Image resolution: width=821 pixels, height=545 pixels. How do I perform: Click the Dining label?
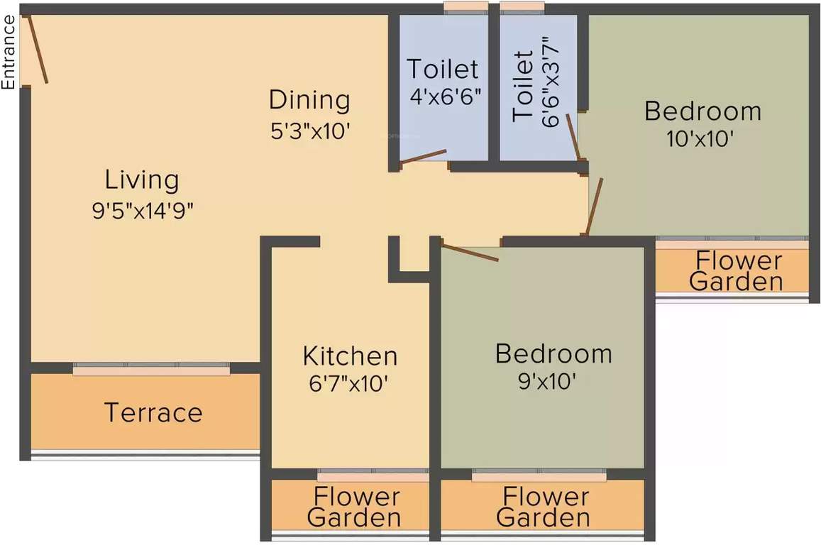309,100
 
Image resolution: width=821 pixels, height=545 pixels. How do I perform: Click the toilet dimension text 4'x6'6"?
446,97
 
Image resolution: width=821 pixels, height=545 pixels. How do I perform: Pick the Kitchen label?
350,355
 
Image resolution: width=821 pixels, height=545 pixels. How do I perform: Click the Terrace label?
153,412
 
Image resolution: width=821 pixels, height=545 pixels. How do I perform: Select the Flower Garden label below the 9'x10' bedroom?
543,507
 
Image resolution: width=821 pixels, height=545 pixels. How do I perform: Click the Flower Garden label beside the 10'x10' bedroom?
737,271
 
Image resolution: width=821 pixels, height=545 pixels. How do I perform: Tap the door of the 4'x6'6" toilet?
423,157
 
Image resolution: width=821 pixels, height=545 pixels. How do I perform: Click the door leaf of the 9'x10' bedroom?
470,252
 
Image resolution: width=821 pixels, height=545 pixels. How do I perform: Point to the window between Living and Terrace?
151,369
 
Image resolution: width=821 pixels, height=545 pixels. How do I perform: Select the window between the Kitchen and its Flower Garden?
373,474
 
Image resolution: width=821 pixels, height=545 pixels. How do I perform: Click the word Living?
142,180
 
